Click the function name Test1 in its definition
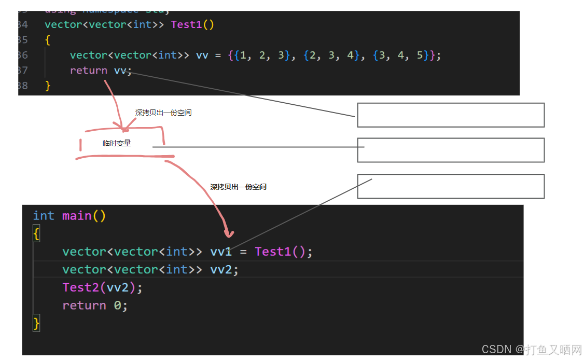(x=186, y=24)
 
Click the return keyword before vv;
(x=89, y=71)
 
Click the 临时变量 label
(x=117, y=144)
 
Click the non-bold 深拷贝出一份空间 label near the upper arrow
(x=163, y=113)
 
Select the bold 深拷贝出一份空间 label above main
(x=238, y=187)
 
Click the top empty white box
(x=450, y=115)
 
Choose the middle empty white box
(x=450, y=150)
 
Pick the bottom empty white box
(x=450, y=186)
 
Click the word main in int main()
(x=77, y=216)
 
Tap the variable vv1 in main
(x=221, y=252)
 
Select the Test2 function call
(x=80, y=287)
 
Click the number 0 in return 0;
(x=118, y=306)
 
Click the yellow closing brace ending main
(x=36, y=324)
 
